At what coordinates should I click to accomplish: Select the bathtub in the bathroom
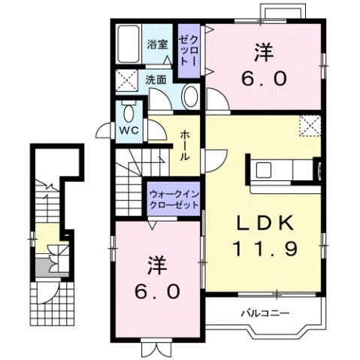click(x=129, y=44)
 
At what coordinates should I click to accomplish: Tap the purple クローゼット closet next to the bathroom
click(x=189, y=51)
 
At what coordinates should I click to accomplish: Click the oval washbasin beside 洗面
click(x=190, y=97)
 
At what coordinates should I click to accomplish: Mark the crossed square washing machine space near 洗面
click(x=126, y=79)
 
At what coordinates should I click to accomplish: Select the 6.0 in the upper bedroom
click(x=263, y=78)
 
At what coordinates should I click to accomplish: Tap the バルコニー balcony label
click(x=265, y=312)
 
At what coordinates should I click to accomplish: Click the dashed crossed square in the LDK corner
click(x=309, y=126)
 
